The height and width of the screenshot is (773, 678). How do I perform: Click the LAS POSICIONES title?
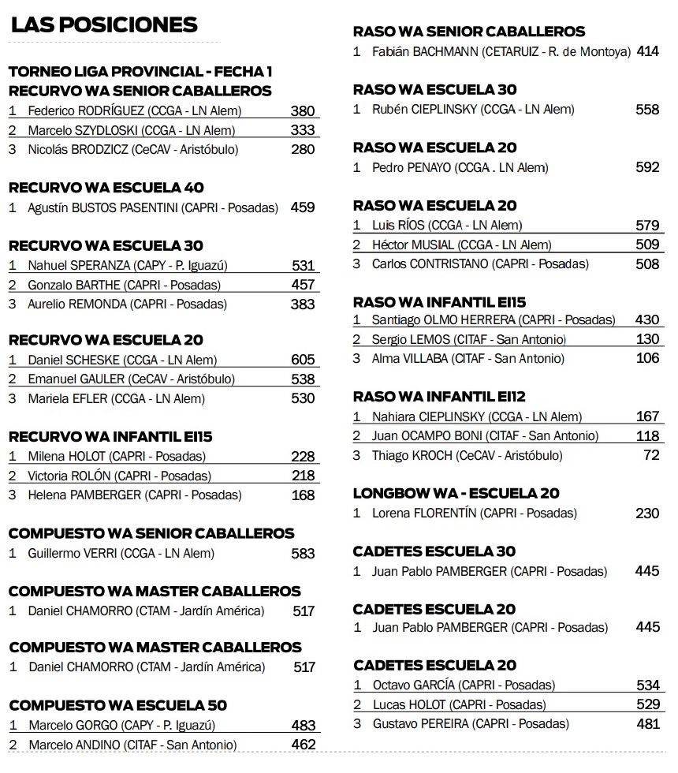[x=104, y=24]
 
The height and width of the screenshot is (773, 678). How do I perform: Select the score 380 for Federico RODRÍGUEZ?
[x=302, y=111]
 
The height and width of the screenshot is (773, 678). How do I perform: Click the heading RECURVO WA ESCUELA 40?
[x=106, y=188]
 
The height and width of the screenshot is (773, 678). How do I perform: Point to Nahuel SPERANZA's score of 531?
[x=303, y=266]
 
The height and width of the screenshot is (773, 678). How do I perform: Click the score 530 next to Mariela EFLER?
[x=303, y=399]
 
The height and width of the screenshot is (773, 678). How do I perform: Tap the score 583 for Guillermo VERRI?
[x=303, y=554]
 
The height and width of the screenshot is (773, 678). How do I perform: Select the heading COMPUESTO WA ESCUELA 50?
[x=117, y=705]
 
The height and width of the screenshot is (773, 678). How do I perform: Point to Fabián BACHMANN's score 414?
[x=647, y=52]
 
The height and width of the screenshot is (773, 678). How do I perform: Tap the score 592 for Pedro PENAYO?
[x=647, y=167]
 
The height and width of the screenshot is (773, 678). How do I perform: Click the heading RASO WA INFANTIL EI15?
[x=439, y=302]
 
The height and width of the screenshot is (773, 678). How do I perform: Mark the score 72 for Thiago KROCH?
[x=651, y=456]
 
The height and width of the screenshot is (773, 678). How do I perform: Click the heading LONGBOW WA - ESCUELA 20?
[x=456, y=494]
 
